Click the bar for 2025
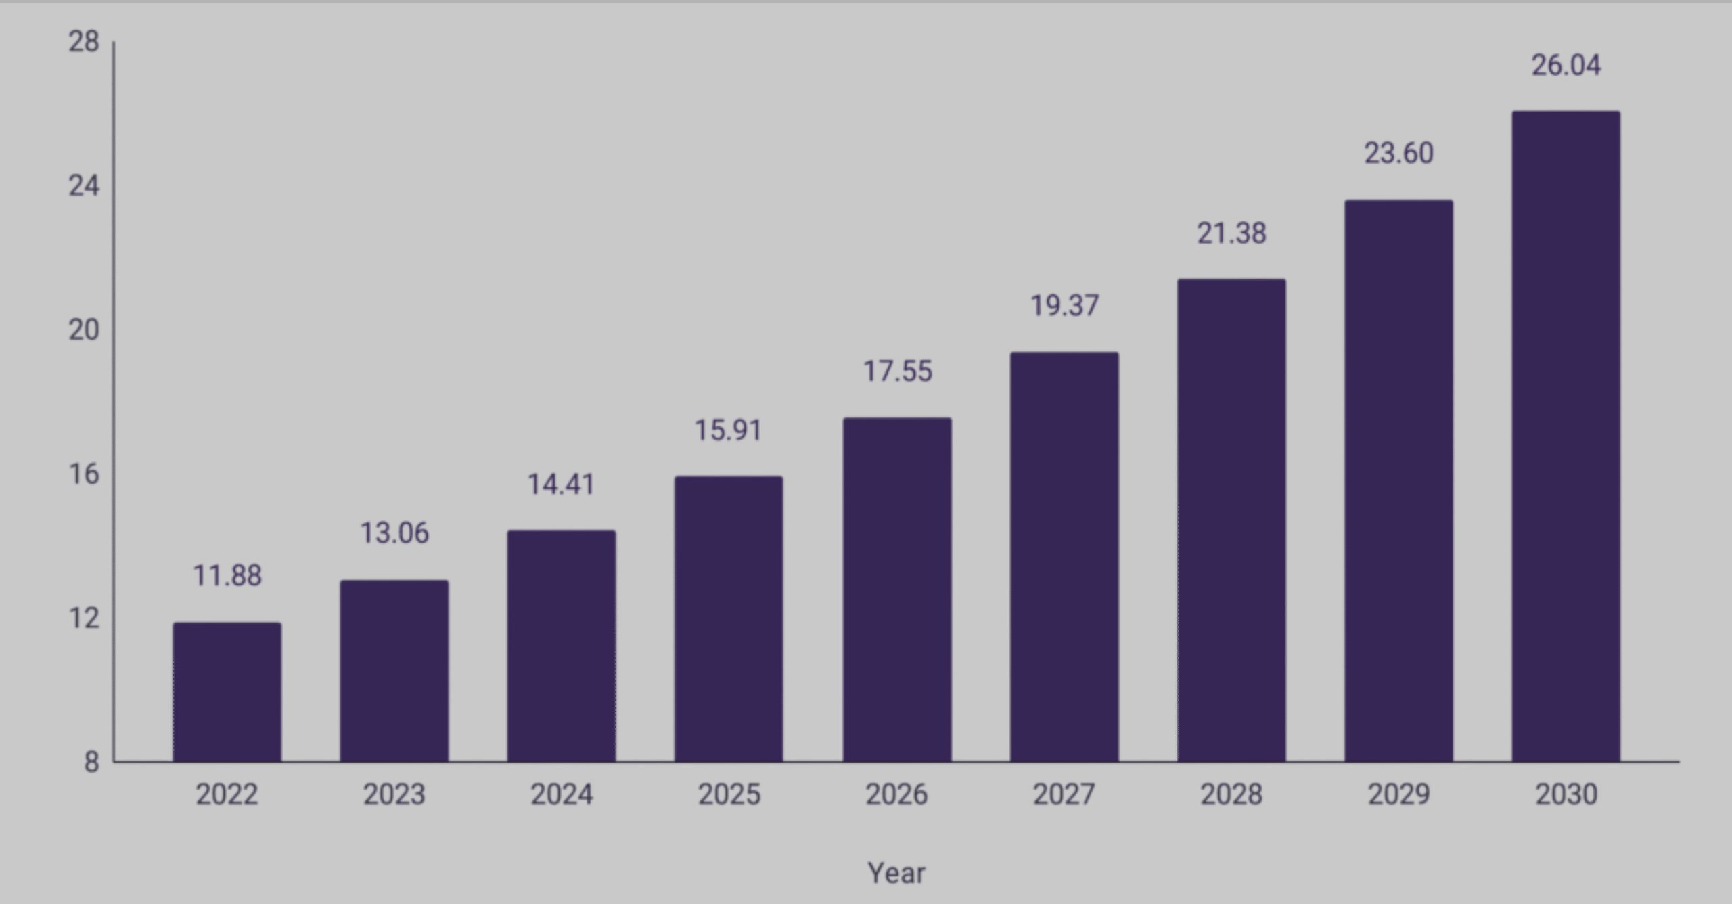pos(729,618)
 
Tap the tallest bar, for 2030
pos(1566,436)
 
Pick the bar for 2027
pos(1064,556)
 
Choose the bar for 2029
pos(1398,480)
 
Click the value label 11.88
pos(227,576)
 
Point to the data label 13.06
pos(394,533)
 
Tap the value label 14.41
pos(561,484)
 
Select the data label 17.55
pos(897,371)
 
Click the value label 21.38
pos(1231,233)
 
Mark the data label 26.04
pos(1566,66)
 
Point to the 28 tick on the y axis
pos(84,42)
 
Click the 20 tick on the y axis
pos(84,330)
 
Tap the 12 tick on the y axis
pos(84,618)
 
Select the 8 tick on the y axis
pos(91,763)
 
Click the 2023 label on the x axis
pos(394,794)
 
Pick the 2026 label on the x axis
pos(896,794)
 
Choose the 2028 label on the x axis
pos(1231,794)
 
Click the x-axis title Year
pos(896,873)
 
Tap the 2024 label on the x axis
pos(562,794)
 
